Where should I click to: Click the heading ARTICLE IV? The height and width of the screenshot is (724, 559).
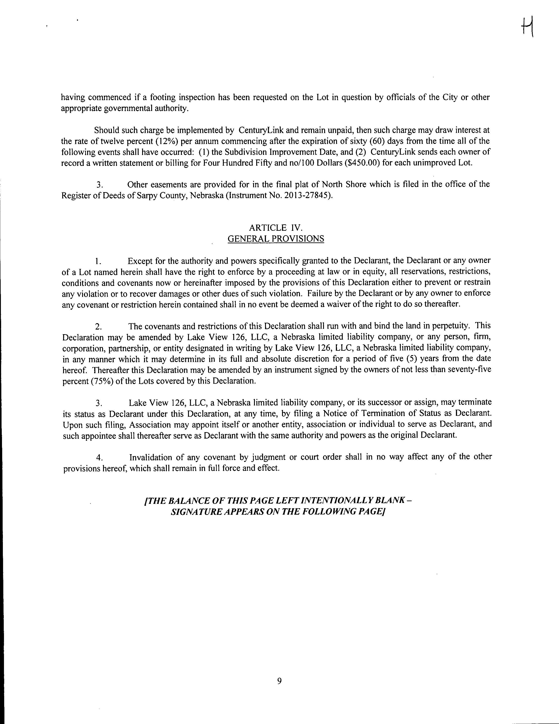(276, 227)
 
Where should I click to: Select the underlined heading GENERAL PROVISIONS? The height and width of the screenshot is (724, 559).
(276, 239)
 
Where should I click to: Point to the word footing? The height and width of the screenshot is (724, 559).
(163, 98)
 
